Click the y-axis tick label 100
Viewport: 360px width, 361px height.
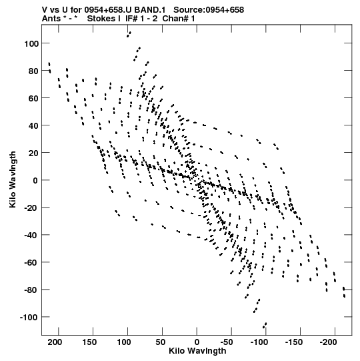tap(31, 43)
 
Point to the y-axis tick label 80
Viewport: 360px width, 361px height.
tap(33, 71)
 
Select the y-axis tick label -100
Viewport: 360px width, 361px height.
tap(29, 318)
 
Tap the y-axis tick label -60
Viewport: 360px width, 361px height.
tap(31, 263)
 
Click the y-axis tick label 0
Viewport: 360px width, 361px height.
tap(35, 180)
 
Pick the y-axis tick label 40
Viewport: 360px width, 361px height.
tap(33, 125)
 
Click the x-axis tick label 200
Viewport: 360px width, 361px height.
tap(55, 342)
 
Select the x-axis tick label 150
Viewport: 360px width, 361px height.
tap(89, 342)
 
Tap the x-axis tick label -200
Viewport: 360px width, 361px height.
tap(329, 342)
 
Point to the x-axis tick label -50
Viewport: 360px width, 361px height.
tap(227, 342)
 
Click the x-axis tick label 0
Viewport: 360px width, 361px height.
tap(197, 342)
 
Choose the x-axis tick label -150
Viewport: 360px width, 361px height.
tap(294, 342)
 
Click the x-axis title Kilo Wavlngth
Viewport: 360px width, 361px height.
tap(197, 351)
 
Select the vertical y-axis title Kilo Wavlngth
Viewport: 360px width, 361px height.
tap(13, 179)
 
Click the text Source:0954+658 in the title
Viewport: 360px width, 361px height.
tap(209, 10)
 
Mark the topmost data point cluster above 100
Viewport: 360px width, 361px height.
tap(129, 34)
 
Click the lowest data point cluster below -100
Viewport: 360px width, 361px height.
tap(265, 326)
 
